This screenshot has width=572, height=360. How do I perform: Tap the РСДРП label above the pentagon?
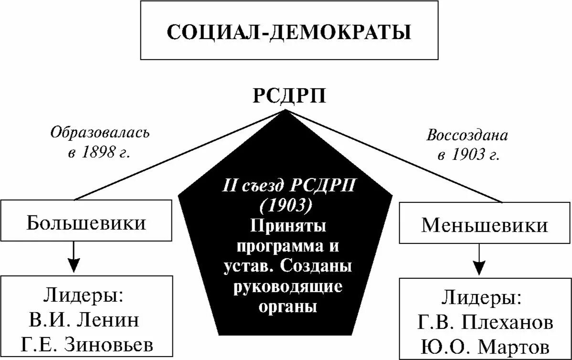tap(289, 96)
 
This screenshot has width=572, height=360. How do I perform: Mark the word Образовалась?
tap(100, 132)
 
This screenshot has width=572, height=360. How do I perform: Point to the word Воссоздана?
tap(467, 135)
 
